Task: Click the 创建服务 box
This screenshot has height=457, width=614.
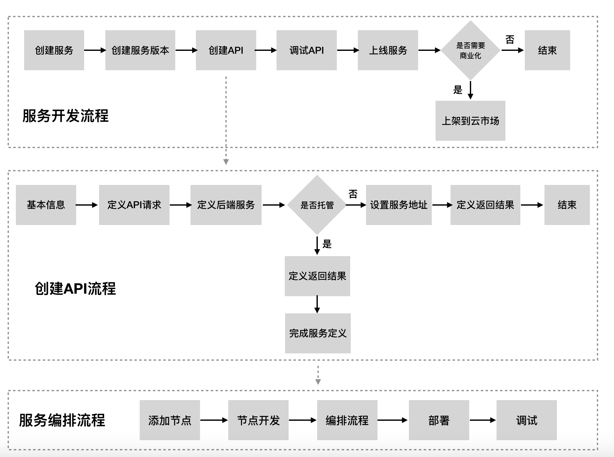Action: [54, 50]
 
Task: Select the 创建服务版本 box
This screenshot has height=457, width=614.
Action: [140, 50]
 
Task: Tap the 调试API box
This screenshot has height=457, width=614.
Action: [306, 50]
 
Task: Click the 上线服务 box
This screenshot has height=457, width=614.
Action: [388, 50]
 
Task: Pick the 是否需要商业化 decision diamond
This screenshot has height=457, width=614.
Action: [471, 51]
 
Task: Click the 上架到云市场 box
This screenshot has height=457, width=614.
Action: [470, 121]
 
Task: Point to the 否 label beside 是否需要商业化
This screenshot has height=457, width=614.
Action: [510, 40]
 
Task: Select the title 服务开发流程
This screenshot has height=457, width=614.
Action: [65, 116]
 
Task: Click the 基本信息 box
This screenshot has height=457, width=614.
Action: [46, 205]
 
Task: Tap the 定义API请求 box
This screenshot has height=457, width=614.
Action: [134, 205]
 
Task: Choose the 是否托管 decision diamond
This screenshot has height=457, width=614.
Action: [317, 205]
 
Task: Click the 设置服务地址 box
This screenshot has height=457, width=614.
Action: [399, 205]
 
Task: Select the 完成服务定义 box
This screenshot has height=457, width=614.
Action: [318, 333]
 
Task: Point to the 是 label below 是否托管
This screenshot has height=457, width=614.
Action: [327, 244]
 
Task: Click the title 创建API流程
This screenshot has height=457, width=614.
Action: [75, 289]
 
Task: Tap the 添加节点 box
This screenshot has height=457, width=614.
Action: [170, 420]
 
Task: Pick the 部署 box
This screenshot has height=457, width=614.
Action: [439, 420]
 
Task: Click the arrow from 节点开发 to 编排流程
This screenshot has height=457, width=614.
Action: [303, 420]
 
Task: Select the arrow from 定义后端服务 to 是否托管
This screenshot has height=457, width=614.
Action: [274, 205]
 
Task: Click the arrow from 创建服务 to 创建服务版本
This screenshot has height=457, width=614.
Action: [95, 50]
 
